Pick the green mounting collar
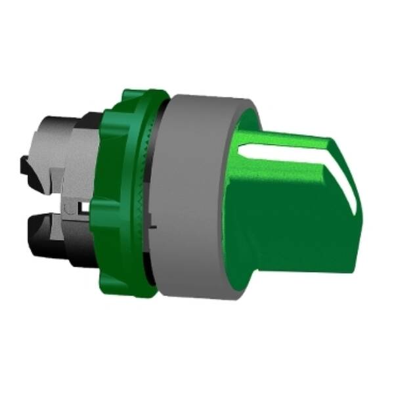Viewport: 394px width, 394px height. [128, 197]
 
